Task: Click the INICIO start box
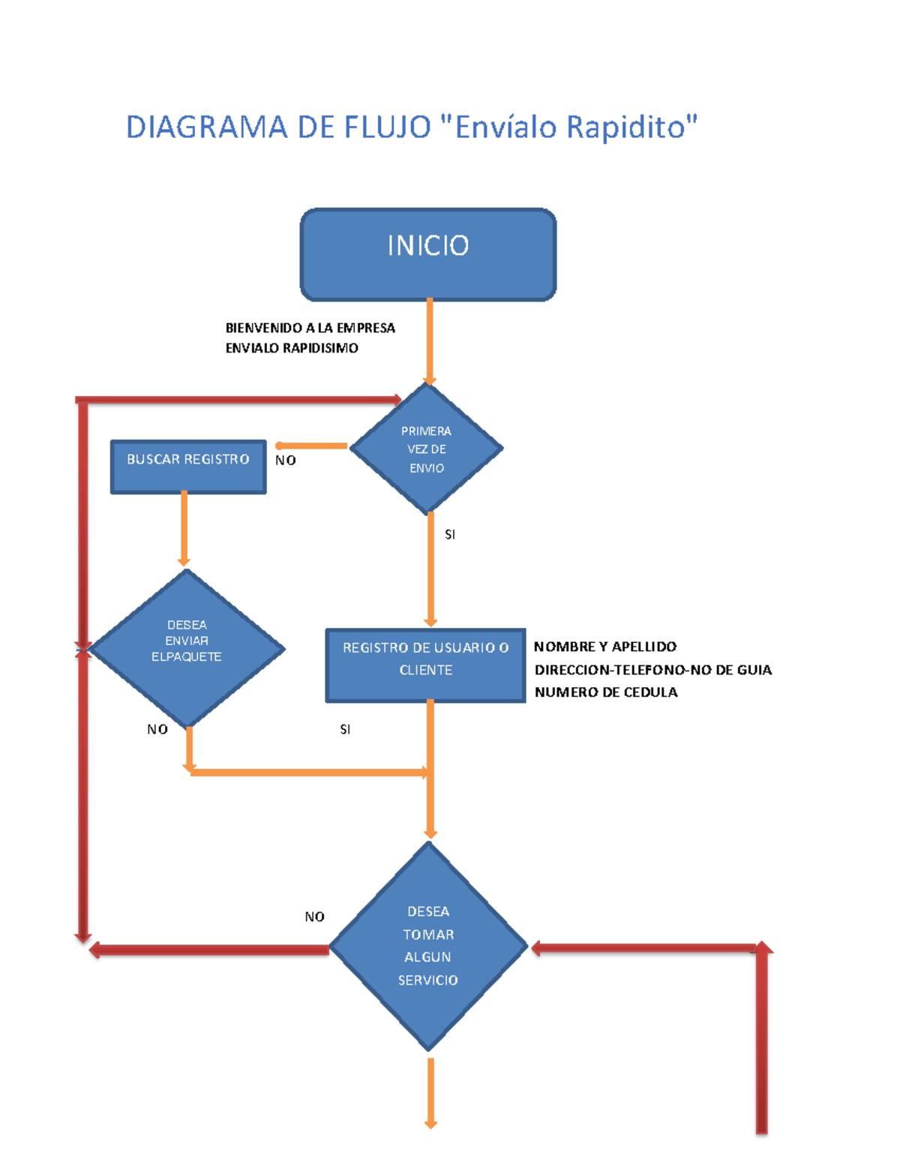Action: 427,255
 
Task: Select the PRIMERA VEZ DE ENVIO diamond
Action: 426,449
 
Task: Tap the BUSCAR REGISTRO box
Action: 188,467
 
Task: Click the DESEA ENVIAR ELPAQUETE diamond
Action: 187,648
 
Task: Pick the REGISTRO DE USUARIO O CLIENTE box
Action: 425,665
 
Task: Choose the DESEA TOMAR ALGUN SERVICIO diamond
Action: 428,947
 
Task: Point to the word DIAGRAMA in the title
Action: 206,128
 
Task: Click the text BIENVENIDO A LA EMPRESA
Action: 310,328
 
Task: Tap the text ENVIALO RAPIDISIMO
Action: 292,348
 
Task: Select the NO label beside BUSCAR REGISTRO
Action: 285,461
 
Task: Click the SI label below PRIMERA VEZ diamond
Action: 450,535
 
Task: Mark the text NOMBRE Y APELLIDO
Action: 604,647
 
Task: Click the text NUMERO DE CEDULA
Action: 606,692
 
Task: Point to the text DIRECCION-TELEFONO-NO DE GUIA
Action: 652,670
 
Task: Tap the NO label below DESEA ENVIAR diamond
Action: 157,729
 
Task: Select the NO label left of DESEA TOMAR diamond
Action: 314,917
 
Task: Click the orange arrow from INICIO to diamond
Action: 430,341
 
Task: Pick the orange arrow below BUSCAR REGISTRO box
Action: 184,528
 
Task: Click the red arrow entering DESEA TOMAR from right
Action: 645,949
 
